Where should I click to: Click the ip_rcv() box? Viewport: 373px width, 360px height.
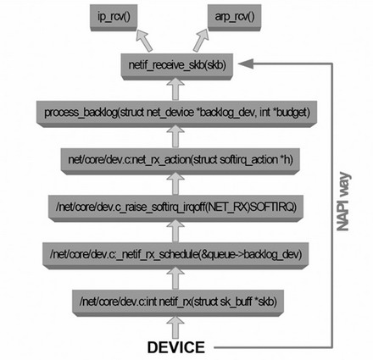tap(114, 18)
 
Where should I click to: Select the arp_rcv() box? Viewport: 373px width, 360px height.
tap(235, 18)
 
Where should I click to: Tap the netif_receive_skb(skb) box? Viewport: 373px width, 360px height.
tap(177, 66)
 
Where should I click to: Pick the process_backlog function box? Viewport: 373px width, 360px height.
tap(177, 114)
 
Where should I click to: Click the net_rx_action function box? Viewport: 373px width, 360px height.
tap(181, 160)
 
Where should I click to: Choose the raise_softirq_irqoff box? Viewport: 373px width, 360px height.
tap(175, 208)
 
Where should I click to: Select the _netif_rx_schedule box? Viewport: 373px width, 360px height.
tap(175, 255)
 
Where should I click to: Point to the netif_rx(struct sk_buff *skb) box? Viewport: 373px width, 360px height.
tap(178, 302)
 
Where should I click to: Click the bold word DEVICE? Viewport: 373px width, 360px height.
tap(176, 347)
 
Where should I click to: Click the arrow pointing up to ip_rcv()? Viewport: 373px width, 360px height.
tap(144, 41)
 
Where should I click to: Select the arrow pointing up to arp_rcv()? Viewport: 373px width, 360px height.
tap(201, 41)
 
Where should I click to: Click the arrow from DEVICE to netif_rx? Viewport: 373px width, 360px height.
tap(175, 328)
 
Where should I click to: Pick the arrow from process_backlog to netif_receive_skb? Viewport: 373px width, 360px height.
tap(175, 89)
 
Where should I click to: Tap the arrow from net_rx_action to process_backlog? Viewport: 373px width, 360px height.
tap(175, 136)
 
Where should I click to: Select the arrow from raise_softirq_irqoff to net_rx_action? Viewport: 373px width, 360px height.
tap(175, 184)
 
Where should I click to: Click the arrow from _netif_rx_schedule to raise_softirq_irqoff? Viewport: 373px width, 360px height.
tap(175, 231)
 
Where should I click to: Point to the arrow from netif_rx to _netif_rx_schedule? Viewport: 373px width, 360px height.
tap(175, 279)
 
